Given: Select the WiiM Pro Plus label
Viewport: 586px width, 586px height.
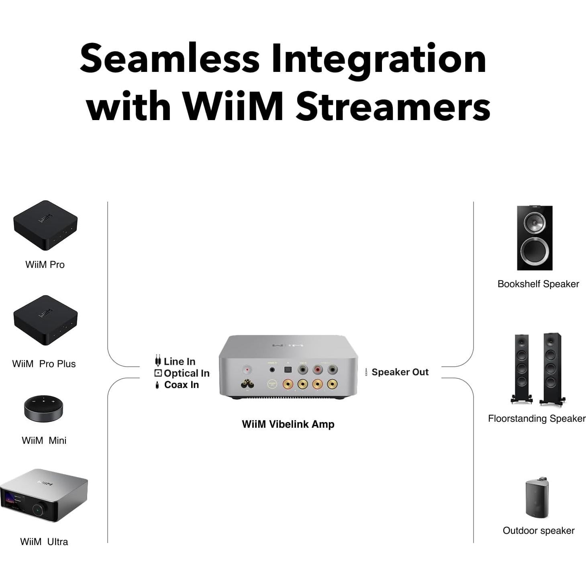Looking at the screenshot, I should pos(44,364).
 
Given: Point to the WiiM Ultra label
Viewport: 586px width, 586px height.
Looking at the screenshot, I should pos(44,542).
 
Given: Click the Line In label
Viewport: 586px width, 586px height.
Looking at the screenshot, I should pos(179,361).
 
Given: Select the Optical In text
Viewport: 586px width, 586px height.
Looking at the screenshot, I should pos(186,373).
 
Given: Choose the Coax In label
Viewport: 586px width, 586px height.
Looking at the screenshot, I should pos(182,385).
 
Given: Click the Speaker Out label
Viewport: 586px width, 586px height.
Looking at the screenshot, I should pos(400,372).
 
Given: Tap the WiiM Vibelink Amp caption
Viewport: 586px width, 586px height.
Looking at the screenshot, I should pos(288,424).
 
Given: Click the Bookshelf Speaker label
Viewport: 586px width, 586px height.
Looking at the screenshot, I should pos(538,284).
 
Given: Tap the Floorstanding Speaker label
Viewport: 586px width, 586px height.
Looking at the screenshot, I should pos(537,419).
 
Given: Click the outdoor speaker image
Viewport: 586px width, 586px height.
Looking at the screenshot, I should pos(537,498).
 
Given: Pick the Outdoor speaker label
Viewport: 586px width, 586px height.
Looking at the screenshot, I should pos(538,531).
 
